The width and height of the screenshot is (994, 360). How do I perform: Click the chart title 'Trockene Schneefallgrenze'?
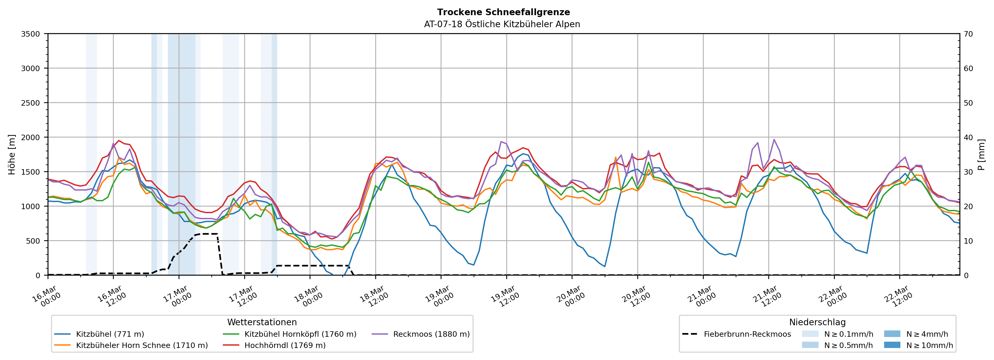tap(503, 12)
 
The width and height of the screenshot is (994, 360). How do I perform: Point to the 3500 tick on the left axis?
tap(31, 34)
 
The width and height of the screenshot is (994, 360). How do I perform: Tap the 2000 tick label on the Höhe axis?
tap(31, 137)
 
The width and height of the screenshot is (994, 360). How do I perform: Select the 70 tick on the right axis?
tap(968, 34)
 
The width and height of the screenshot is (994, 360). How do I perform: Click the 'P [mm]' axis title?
tap(981, 154)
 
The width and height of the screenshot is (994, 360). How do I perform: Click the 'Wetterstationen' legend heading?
tap(262, 322)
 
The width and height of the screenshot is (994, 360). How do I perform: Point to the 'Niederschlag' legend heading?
tap(817, 322)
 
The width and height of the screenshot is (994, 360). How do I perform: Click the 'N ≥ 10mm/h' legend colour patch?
tap(892, 345)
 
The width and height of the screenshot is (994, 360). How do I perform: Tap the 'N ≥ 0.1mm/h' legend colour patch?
tap(810, 334)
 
